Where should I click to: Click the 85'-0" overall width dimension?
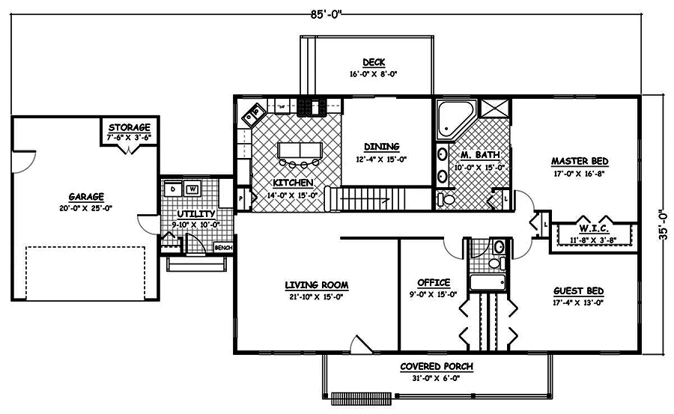[x=326, y=14]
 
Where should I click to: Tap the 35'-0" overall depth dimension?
[x=664, y=225]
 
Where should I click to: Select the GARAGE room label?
[x=86, y=197]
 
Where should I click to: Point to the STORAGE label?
[x=130, y=127]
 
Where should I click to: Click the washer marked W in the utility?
[x=192, y=189]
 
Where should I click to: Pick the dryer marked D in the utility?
[x=173, y=189]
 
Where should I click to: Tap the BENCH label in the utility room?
[x=223, y=248]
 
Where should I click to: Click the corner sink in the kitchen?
[x=253, y=114]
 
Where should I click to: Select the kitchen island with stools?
[x=300, y=153]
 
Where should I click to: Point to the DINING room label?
[x=382, y=147]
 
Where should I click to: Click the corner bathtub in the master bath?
[x=455, y=118]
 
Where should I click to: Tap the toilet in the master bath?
[x=446, y=199]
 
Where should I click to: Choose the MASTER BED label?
[x=580, y=161]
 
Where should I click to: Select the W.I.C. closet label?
[x=594, y=228]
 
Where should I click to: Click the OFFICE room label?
[x=434, y=282]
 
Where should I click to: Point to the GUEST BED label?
[x=579, y=291]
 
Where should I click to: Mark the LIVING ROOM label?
[x=317, y=284]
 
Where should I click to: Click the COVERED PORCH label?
[x=437, y=366]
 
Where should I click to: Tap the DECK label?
[x=374, y=62]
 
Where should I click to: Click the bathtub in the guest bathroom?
[x=488, y=283]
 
